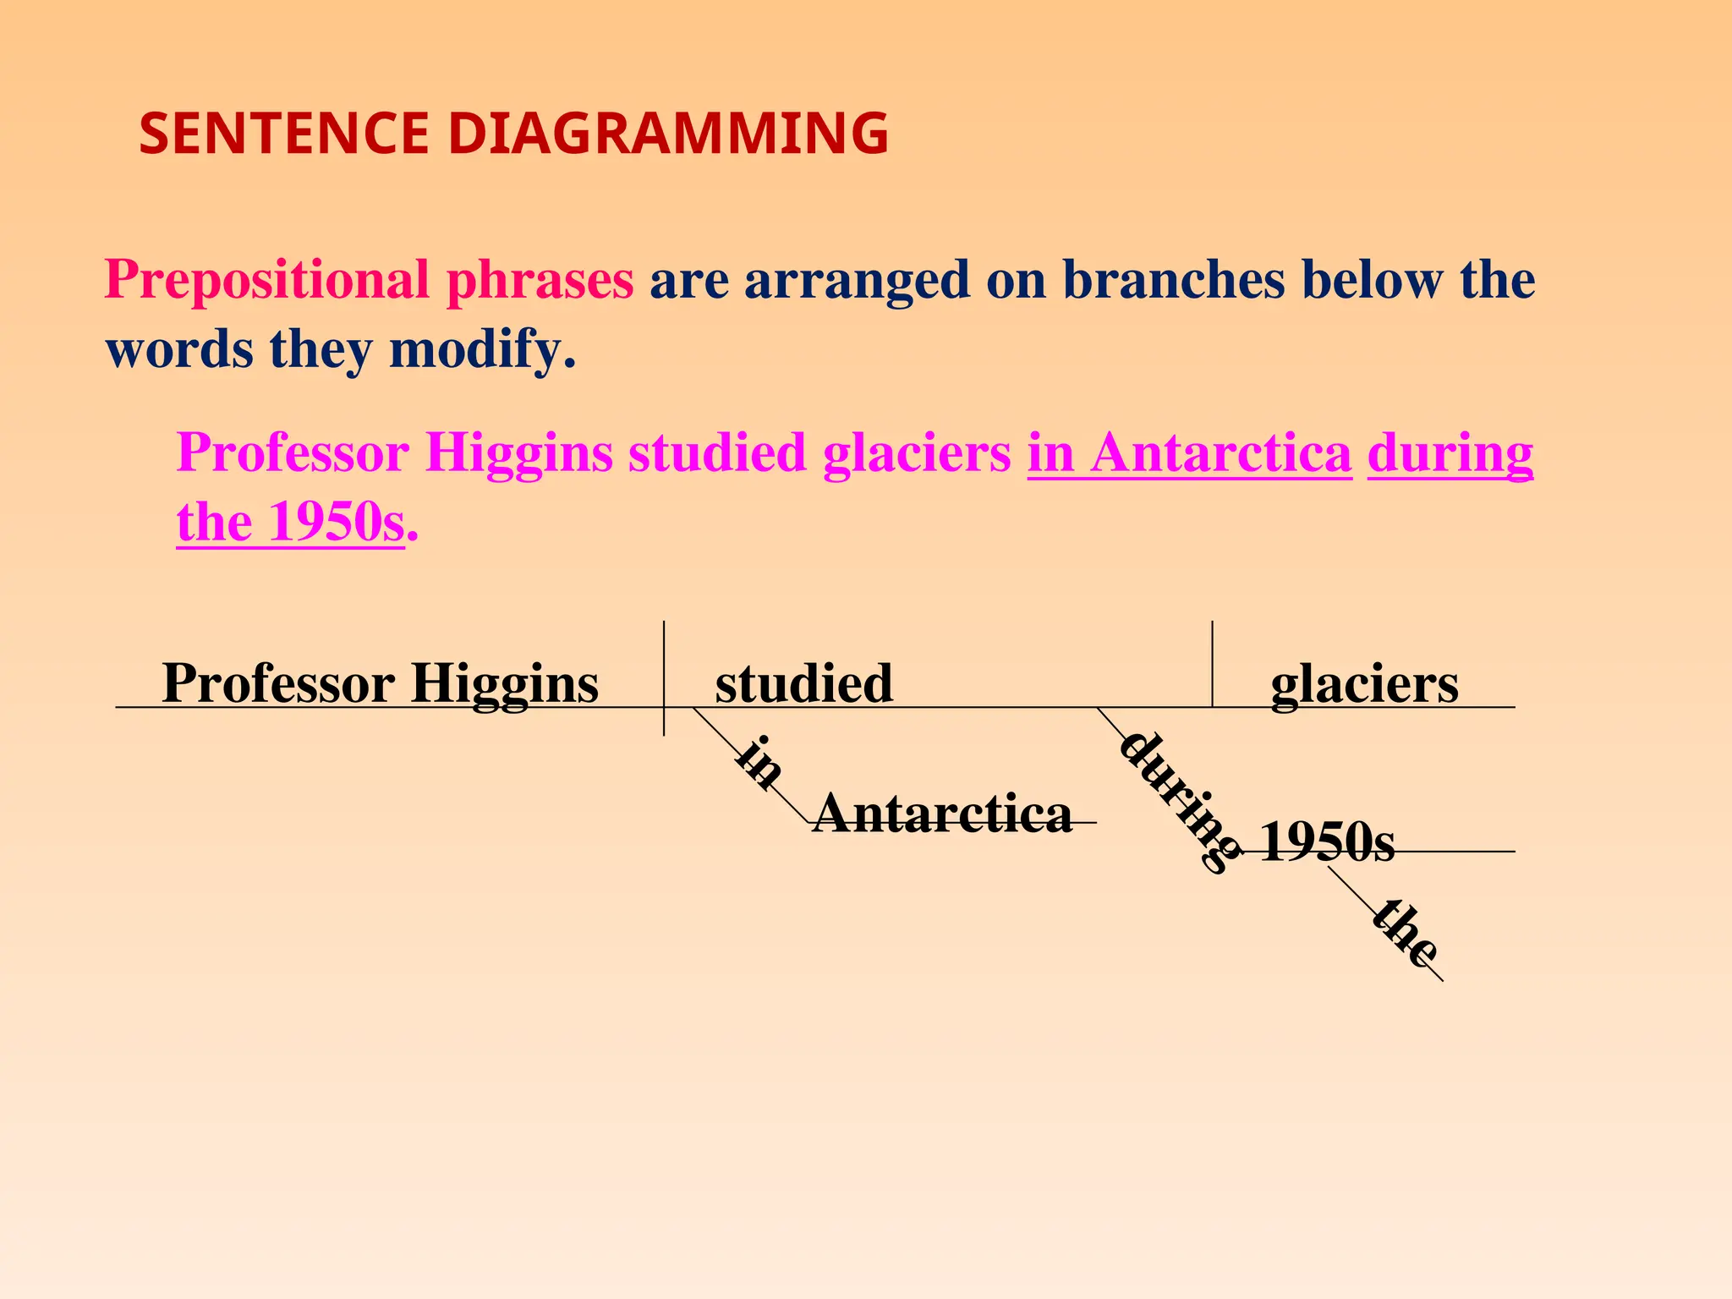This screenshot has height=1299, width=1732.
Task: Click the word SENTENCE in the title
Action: [283, 134]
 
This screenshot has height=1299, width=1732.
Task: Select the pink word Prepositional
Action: [266, 280]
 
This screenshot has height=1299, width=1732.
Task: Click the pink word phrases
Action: [540, 280]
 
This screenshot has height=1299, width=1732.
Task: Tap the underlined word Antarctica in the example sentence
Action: [1221, 453]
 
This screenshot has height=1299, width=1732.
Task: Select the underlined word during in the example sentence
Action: [1450, 453]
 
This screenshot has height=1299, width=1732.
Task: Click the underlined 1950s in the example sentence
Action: [336, 523]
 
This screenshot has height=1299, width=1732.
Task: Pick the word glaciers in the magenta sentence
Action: [916, 453]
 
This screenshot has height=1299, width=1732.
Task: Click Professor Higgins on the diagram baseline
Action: [380, 682]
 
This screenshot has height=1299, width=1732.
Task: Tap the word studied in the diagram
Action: [803, 683]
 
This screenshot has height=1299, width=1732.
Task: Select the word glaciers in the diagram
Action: [1364, 683]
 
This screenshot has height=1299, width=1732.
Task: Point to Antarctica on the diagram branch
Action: [942, 814]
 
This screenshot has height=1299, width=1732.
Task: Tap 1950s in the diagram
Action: [1326, 843]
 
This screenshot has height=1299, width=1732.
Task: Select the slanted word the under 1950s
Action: [1403, 933]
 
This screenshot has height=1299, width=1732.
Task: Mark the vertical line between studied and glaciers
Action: [1212, 664]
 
